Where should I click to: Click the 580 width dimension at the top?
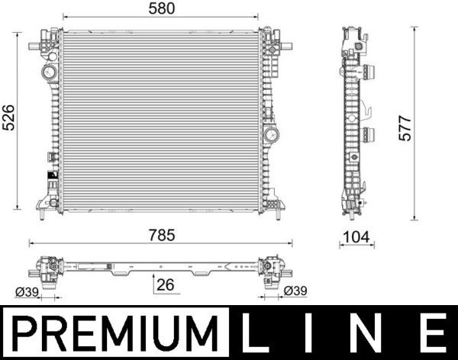(162, 9)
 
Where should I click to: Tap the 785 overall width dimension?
(162, 235)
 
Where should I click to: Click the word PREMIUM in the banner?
(114, 334)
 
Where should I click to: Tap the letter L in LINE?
(256, 334)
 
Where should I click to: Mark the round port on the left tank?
(49, 72)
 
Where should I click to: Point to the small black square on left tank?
(51, 176)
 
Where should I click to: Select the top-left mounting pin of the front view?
(35, 47)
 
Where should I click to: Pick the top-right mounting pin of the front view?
(286, 47)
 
